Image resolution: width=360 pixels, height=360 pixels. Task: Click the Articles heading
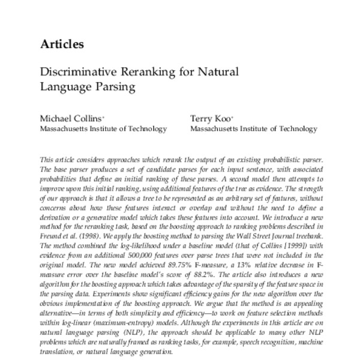pos(62,44)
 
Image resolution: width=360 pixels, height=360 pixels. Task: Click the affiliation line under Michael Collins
pos(103,128)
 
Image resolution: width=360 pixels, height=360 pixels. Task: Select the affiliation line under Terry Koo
pos(254,128)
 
